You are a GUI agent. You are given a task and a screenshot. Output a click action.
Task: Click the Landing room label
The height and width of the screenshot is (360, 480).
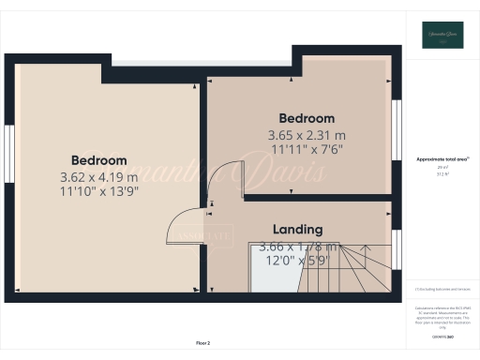pyautogui.click(x=297, y=229)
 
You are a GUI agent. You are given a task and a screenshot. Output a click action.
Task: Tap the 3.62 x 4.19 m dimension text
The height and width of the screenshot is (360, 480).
pyautogui.click(x=98, y=177)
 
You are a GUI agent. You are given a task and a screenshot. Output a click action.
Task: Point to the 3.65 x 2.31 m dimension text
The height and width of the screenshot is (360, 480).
pyautogui.click(x=307, y=134)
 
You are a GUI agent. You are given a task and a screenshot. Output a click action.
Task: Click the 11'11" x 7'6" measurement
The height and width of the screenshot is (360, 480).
pyautogui.click(x=307, y=148)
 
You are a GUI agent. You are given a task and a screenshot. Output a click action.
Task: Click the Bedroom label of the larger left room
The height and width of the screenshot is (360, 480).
pyautogui.click(x=99, y=160)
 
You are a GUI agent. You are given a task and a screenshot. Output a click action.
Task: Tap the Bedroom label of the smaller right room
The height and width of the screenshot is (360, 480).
pyautogui.click(x=307, y=118)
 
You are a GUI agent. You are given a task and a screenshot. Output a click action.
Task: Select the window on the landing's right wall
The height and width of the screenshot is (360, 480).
pyautogui.click(x=396, y=248)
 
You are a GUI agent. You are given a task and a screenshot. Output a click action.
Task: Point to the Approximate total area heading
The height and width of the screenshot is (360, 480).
pyautogui.click(x=442, y=158)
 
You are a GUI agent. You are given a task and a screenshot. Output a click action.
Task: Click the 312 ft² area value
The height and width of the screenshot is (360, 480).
pyautogui.click(x=442, y=174)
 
